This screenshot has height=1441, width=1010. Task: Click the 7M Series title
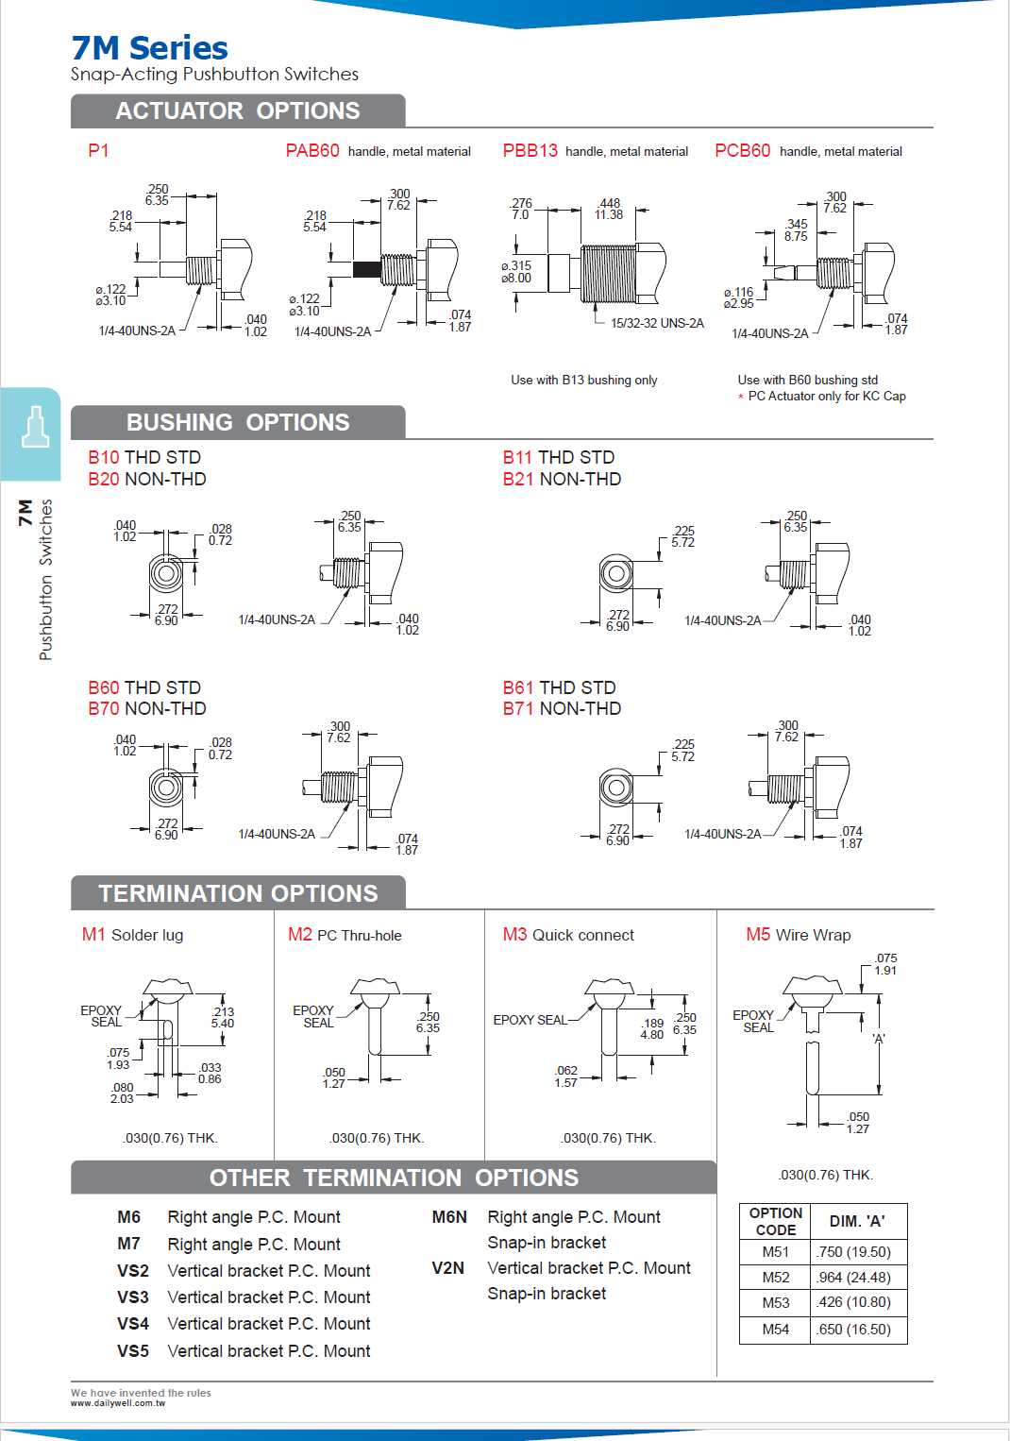[x=149, y=48]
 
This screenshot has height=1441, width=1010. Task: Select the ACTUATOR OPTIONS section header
[x=237, y=111]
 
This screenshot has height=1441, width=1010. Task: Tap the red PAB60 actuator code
[x=312, y=151]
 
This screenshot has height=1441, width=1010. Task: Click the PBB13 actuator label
[x=530, y=151]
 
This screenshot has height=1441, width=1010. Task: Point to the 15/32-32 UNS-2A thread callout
[x=657, y=323]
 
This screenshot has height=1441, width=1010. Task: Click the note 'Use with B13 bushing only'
[x=583, y=381]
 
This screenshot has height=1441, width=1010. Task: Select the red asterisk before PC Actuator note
[x=741, y=398]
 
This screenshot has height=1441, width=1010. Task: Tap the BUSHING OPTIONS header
[x=238, y=423]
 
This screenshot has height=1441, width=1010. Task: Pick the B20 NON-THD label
[x=147, y=480]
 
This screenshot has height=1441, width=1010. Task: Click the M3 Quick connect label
[x=568, y=935]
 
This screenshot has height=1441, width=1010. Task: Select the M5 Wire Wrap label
[x=798, y=935]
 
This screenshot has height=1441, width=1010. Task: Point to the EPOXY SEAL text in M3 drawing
[x=530, y=1020]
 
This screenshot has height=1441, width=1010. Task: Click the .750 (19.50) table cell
[x=854, y=1252]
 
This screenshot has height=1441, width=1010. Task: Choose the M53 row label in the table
[x=775, y=1302]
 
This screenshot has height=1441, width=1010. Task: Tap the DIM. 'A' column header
[x=857, y=1221]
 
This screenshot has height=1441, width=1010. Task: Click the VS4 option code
[x=133, y=1324]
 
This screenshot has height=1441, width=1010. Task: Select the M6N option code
[x=449, y=1217]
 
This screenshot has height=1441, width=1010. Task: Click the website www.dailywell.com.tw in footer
[x=118, y=1403]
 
